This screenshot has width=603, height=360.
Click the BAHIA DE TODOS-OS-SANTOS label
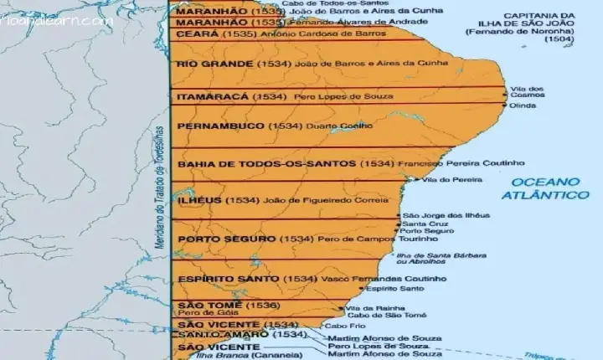[266, 163]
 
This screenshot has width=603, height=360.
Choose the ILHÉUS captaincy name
[200, 201]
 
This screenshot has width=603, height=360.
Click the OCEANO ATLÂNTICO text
[545, 188]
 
